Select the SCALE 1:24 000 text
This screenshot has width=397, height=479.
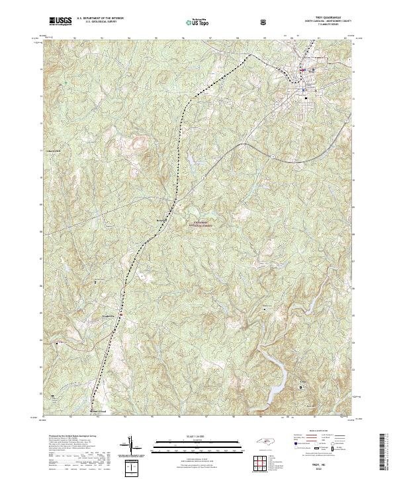coord(192,437)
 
